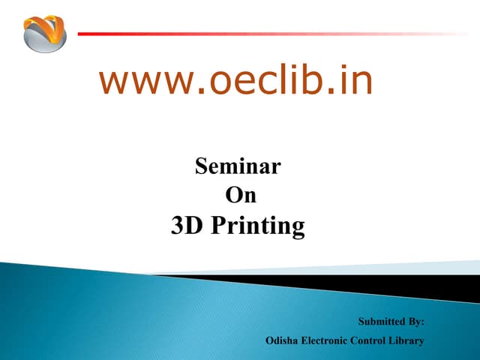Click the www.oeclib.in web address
pos(235,82)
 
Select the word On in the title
pos(241,195)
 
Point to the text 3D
pos(187,225)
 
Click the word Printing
pos(259,226)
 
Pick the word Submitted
pos(380,322)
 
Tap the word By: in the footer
pos(415,322)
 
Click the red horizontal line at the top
pos(262,34)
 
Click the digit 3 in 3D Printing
pos(178,225)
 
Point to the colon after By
pos(423,323)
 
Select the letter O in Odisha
pos(270,340)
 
